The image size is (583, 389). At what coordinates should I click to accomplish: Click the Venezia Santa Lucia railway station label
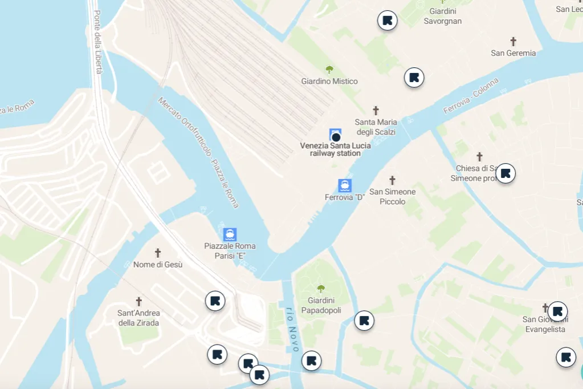(335, 149)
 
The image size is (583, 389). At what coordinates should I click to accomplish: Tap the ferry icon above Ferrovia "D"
(345, 185)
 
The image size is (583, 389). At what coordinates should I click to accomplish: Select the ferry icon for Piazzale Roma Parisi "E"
(230, 234)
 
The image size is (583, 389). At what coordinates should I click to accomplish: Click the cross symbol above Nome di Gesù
(158, 253)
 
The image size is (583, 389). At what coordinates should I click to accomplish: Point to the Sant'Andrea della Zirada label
(138, 318)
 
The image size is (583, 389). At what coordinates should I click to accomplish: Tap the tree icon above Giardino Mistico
(329, 70)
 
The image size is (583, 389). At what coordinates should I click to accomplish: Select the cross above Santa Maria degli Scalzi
(376, 110)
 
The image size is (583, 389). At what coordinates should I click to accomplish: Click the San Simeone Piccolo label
(393, 197)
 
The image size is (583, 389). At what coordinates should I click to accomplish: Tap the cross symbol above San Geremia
(513, 42)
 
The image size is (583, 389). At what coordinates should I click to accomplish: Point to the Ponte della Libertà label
(97, 42)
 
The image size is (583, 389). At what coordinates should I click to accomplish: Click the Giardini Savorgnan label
(443, 16)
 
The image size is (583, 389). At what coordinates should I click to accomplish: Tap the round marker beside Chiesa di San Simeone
(505, 173)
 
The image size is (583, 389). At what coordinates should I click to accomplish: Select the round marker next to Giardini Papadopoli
(364, 321)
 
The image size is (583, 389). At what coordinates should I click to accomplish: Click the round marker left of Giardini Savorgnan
(388, 21)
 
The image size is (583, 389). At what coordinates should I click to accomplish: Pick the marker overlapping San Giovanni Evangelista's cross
(557, 311)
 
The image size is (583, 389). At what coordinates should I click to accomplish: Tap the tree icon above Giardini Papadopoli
(321, 289)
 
